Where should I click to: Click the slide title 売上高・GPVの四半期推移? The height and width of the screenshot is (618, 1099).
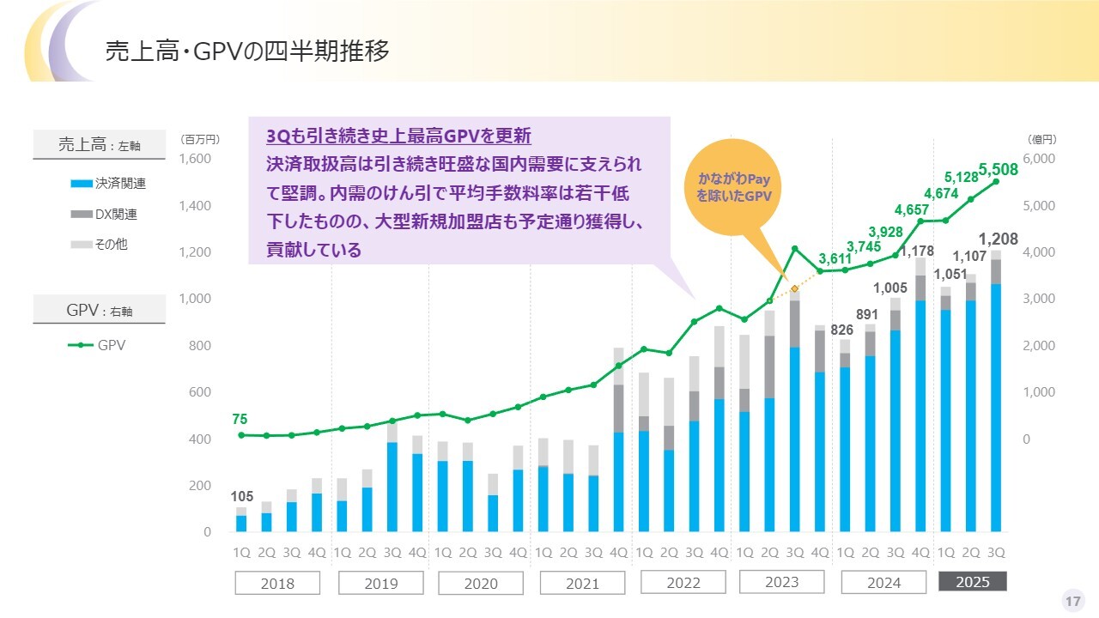tap(247, 51)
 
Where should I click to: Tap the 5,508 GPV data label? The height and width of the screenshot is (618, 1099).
tap(998, 169)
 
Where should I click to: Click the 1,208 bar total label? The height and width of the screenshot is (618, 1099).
tap(999, 239)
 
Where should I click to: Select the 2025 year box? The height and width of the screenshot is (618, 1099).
tap(972, 582)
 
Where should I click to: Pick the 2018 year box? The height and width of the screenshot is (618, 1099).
tap(276, 584)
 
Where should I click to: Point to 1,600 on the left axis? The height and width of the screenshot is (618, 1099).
tap(195, 159)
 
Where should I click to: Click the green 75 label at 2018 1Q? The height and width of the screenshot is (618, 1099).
tap(240, 420)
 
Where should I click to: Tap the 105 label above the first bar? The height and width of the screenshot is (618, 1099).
tap(241, 496)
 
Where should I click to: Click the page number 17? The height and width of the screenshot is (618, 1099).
tap(1072, 601)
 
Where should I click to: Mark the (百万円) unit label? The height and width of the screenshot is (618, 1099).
tap(200, 139)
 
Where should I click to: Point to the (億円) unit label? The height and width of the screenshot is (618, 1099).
tap(1041, 139)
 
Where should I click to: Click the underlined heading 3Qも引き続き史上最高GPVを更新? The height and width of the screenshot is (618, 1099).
tap(398, 136)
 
